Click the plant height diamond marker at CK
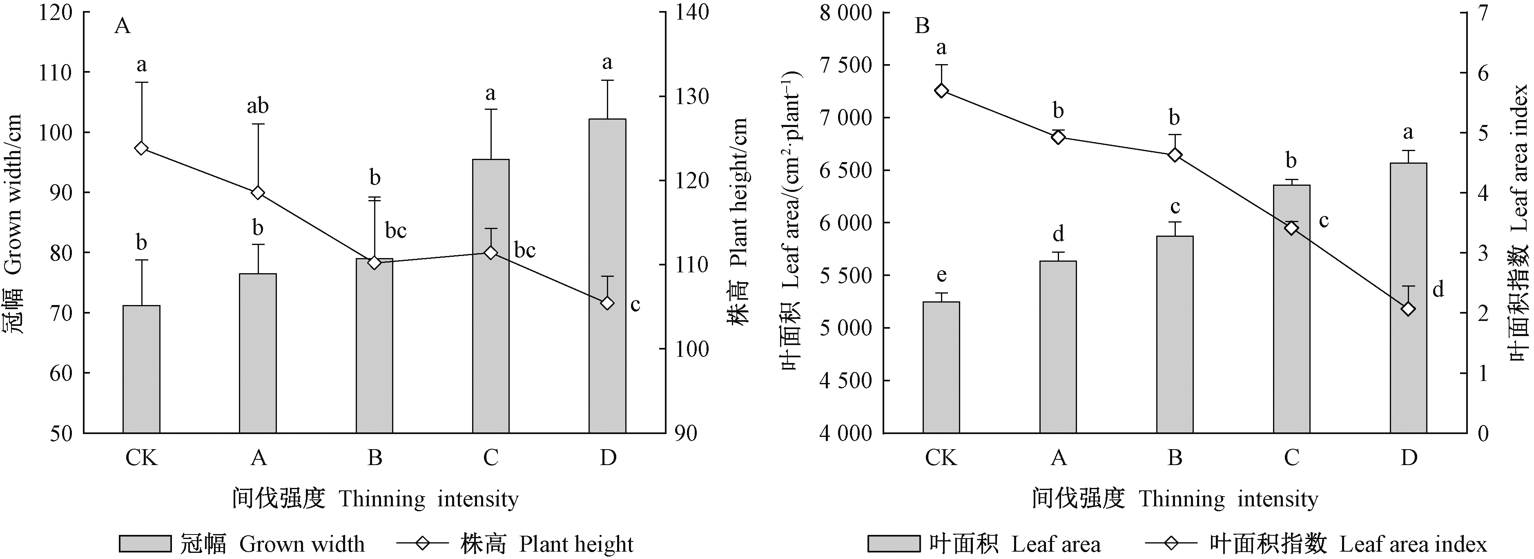point(141,148)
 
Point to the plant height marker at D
point(607,303)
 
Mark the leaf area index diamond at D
point(1408,309)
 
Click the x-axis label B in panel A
point(375,458)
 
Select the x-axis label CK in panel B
point(941,458)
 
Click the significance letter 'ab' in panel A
point(258,106)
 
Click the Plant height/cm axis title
point(738,220)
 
